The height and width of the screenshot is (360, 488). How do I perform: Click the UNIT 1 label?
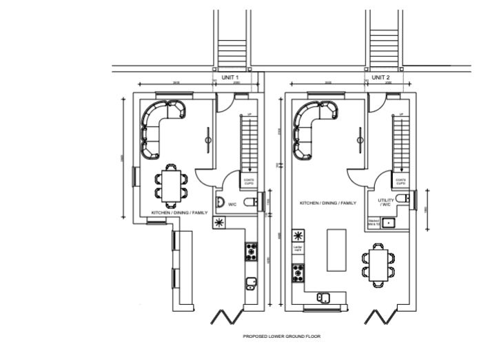[230, 77]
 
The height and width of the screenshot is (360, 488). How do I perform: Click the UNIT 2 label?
[380, 77]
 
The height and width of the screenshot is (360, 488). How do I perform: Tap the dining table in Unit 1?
[170, 184]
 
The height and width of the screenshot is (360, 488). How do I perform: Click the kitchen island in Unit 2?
[336, 250]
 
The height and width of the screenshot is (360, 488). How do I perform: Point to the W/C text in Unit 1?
[232, 204]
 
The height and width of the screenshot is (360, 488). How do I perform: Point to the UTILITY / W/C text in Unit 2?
[385, 202]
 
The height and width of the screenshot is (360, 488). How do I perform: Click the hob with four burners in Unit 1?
[252, 250]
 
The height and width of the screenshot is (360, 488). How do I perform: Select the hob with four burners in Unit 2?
[298, 273]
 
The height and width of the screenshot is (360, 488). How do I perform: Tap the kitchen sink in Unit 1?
[252, 283]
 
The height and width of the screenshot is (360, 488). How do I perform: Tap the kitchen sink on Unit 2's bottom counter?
[323, 297]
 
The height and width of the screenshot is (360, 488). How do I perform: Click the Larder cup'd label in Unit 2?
[298, 248]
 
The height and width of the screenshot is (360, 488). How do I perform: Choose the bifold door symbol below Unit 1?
[227, 317]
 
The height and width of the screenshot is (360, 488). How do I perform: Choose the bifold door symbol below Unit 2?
[378, 317]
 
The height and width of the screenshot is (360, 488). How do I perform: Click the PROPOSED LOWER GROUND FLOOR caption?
[281, 337]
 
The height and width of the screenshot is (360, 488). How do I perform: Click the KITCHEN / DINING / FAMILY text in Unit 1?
[179, 212]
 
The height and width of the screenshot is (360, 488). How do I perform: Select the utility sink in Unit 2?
[389, 223]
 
